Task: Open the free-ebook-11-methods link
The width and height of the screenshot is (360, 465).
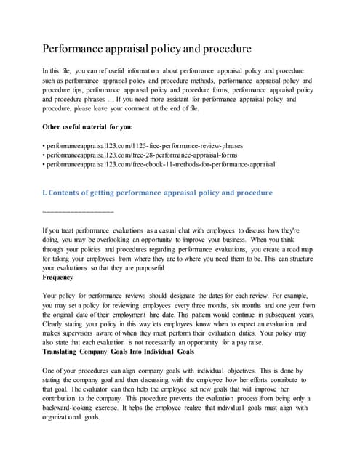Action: pos(159,165)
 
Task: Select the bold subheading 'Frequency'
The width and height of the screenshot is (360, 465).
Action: pos(58,277)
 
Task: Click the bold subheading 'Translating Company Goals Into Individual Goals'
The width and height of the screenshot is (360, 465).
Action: pos(119,352)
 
